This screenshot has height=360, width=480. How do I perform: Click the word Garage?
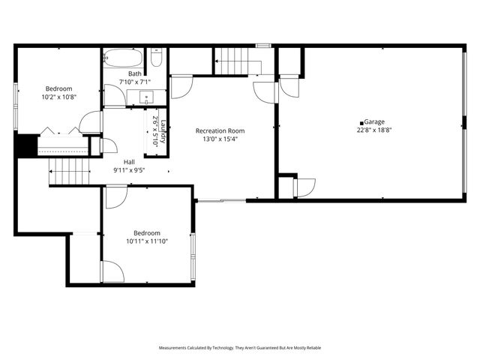375,121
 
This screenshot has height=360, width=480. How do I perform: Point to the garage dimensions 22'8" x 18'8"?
375,130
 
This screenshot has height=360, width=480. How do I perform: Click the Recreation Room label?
220,130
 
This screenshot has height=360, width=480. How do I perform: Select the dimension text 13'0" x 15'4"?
220,139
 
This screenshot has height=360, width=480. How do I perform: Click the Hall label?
129,161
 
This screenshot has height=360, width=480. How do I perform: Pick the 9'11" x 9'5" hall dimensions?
129,169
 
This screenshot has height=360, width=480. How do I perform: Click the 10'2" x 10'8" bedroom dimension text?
58,97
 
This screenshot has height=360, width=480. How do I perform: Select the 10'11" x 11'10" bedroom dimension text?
147,241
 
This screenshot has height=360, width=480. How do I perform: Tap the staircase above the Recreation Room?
237,60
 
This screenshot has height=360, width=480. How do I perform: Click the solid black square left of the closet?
26,145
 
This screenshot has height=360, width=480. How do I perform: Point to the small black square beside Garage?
362,122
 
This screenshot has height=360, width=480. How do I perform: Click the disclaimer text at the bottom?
240,348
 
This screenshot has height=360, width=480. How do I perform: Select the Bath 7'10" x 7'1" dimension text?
135,82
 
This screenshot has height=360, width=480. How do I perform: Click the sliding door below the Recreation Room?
220,200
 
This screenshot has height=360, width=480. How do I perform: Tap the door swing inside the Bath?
113,95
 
